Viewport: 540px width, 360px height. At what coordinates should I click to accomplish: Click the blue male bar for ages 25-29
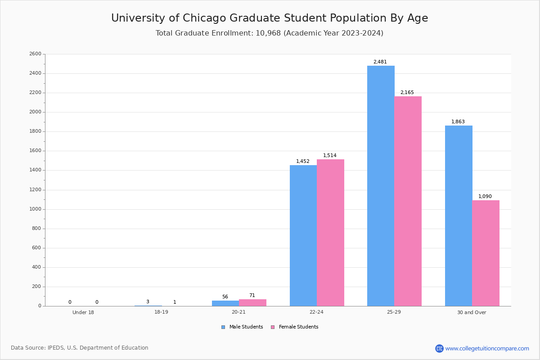coord(381,186)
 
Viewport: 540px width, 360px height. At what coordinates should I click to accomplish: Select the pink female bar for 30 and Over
coord(486,253)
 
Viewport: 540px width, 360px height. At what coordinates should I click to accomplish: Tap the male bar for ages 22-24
coord(303,235)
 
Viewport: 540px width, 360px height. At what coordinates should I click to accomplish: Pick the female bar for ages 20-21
coord(252,302)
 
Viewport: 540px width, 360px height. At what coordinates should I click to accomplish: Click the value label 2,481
coord(380,62)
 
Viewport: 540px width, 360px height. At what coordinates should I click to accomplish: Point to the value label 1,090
coord(485,197)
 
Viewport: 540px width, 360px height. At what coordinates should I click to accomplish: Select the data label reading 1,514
coord(329,156)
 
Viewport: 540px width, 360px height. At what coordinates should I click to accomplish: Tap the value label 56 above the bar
coord(225,297)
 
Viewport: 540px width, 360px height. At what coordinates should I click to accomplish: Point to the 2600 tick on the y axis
coord(36,54)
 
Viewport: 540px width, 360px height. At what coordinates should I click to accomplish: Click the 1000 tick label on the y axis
coord(36,209)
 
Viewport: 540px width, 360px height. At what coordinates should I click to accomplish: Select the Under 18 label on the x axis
coord(83,312)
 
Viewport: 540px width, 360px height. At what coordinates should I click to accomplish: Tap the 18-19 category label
coord(161,312)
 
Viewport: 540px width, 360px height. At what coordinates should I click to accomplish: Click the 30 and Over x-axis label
coord(472,312)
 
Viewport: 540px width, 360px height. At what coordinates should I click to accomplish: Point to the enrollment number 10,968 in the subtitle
coord(268,33)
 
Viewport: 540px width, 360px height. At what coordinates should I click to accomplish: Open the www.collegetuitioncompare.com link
coord(487,348)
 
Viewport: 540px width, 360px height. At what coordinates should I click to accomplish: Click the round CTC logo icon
coord(439,348)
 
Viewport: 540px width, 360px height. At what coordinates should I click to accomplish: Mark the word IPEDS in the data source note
coord(56,348)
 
